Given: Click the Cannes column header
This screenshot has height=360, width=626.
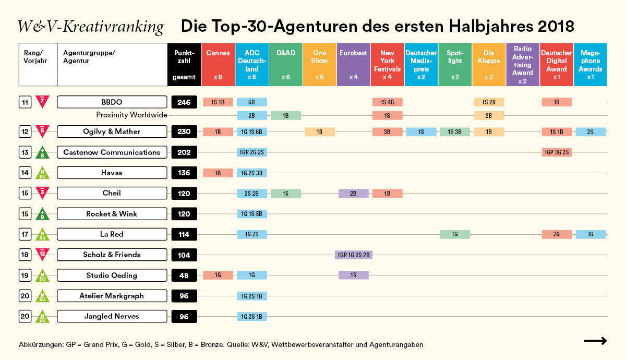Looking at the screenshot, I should [x=218, y=64].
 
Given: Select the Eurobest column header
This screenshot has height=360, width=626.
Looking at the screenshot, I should [x=353, y=64].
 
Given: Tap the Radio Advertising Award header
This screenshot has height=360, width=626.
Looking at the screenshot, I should [x=522, y=64].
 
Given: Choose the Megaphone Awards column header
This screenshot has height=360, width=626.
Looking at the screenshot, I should [x=591, y=64].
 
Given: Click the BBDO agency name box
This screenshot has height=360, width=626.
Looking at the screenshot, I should [x=112, y=102].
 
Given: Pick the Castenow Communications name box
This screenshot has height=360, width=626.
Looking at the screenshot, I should [x=112, y=152].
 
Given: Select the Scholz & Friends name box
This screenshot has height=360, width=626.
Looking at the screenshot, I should [x=112, y=255].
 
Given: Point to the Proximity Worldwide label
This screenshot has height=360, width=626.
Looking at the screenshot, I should [x=131, y=115].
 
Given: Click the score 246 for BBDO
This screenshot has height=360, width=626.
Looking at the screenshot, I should [x=184, y=102].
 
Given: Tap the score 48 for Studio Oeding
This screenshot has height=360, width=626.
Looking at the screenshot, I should [x=184, y=275].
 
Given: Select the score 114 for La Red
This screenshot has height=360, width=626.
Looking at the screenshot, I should [x=184, y=234].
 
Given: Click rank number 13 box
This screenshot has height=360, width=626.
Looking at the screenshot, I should [x=25, y=152].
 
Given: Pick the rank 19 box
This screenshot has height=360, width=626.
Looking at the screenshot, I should [x=25, y=275].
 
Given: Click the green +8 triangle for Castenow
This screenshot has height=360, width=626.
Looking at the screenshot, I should [x=43, y=152].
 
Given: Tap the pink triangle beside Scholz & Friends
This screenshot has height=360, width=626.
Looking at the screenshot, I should [x=43, y=254].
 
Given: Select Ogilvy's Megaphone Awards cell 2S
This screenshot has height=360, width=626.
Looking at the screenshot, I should [x=591, y=132].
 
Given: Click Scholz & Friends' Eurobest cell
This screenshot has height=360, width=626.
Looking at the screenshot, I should [x=353, y=255].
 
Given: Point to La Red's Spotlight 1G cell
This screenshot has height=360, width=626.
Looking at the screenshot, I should [x=455, y=235].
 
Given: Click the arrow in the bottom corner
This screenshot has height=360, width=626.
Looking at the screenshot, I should [x=595, y=341].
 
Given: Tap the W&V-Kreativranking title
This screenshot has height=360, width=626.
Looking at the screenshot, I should [x=90, y=26].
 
